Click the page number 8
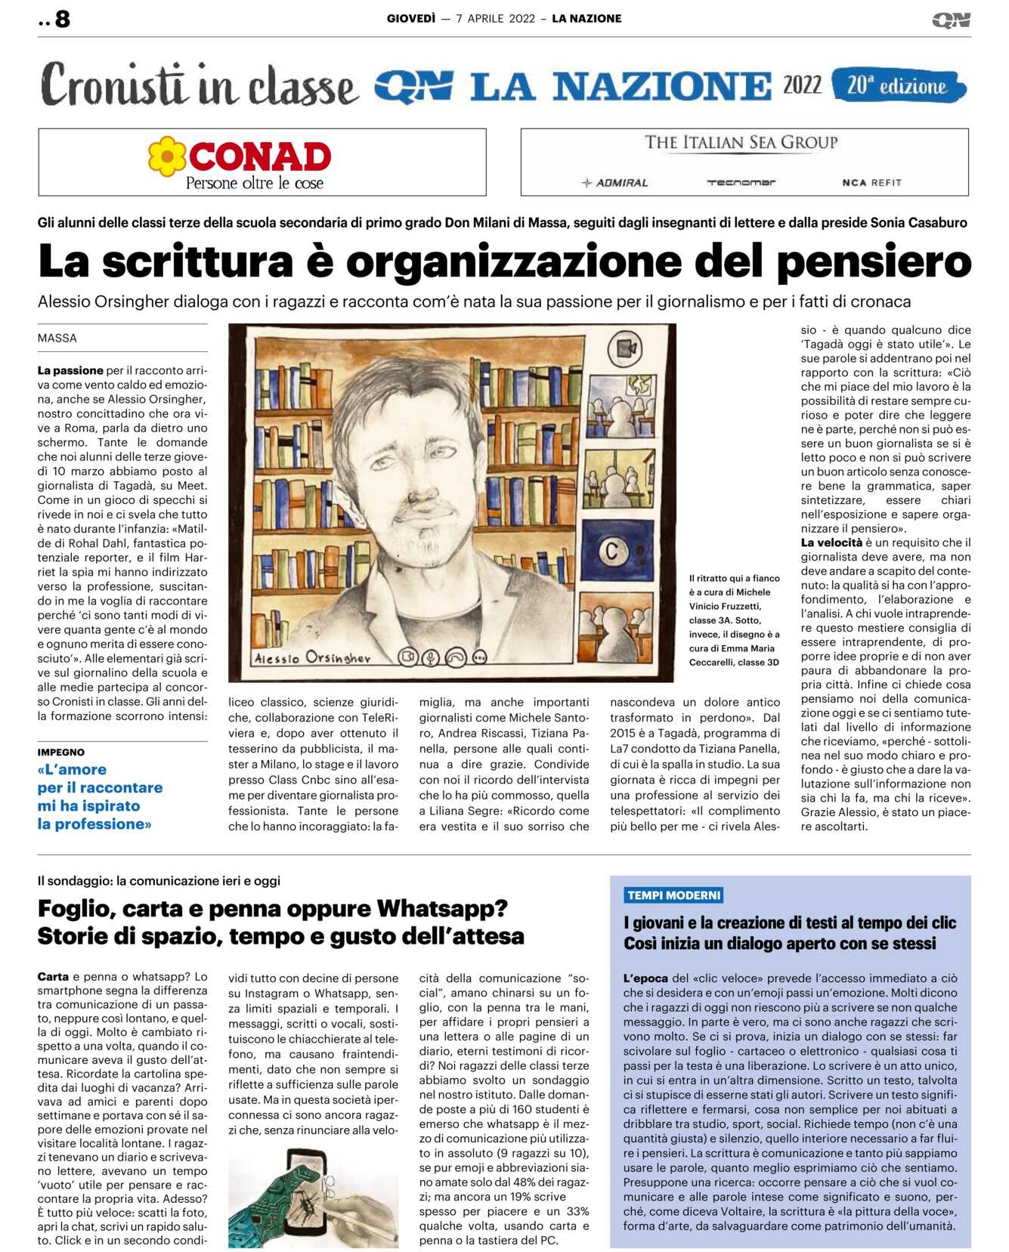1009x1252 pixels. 62,19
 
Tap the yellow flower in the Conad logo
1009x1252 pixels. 167,156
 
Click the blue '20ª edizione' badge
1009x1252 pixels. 897,85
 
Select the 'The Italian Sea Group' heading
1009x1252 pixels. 741,142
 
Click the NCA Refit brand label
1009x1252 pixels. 871,183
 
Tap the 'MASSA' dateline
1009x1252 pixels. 57,339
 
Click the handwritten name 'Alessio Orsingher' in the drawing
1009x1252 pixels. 313,657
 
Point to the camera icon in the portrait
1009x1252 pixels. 624,349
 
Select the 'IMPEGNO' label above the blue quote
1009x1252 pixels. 61,753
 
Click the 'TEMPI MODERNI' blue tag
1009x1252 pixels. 673,895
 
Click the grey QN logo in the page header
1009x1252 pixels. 951,20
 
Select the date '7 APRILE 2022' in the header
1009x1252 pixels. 495,19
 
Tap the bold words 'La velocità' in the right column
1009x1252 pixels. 831,543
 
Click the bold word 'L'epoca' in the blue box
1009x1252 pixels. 645,978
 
